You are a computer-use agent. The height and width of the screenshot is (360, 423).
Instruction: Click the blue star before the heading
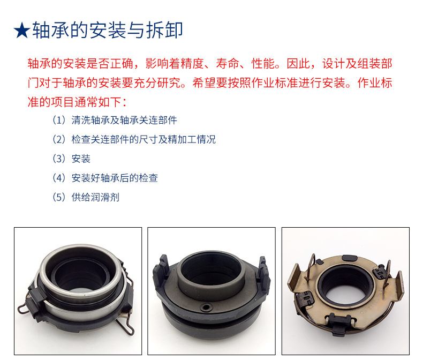22,31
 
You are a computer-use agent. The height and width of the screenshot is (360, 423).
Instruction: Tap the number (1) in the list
59,120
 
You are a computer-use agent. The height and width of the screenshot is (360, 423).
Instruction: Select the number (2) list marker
59,139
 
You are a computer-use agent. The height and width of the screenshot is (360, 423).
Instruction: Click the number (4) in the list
59,178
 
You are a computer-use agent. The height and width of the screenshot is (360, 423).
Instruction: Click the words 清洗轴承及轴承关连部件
124,120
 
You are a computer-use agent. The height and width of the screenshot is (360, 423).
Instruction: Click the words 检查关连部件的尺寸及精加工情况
143,139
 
